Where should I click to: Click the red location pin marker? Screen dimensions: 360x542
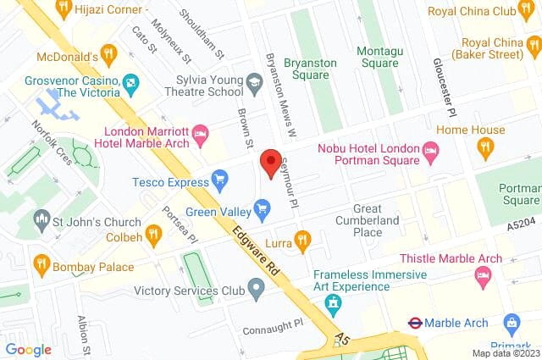tap(270, 163)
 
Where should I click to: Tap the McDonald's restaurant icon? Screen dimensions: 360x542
tap(108, 53)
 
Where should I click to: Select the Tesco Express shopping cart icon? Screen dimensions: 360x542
tap(220, 180)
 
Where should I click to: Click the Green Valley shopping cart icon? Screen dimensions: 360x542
tap(263, 207)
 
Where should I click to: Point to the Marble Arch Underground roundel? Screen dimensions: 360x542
tap(416, 323)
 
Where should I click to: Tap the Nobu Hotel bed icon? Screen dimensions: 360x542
tap(430, 153)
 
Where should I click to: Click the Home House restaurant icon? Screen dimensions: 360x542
tap(485, 148)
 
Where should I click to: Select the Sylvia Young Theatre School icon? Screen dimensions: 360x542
tap(252, 80)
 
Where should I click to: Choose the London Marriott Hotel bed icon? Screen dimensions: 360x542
tap(201, 133)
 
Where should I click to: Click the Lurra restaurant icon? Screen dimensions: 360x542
tap(301, 241)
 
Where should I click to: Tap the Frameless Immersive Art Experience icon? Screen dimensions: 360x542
tap(336, 302)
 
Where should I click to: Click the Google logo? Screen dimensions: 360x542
tap(28, 349)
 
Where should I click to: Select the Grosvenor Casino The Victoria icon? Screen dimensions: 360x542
tap(130, 84)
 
